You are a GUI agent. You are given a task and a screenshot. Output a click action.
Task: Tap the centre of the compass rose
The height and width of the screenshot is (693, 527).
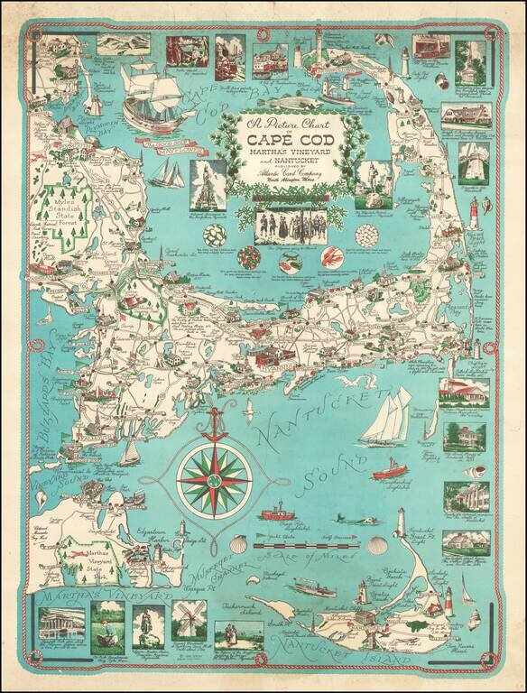point(214,475)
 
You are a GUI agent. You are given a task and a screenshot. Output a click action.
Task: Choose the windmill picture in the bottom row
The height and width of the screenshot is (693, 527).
point(190,622)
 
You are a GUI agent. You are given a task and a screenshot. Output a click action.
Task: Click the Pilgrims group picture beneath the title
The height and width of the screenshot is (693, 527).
point(283,222)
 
